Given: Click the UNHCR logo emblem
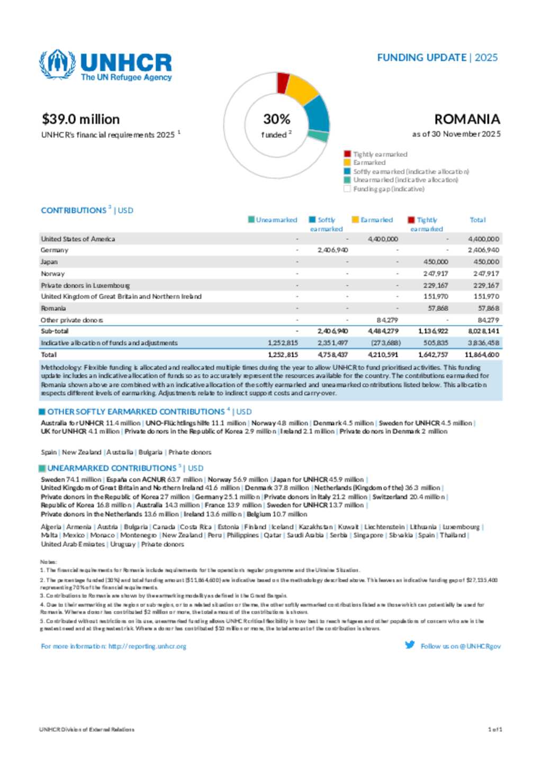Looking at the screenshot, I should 57,65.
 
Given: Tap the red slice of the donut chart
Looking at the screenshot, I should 283,83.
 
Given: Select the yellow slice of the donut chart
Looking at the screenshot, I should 302,89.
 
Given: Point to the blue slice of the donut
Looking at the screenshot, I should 318,113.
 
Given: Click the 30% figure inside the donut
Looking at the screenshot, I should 276,119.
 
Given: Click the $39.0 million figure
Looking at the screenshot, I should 80,119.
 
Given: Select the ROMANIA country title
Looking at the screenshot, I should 467,119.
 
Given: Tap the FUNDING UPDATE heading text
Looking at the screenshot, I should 421,58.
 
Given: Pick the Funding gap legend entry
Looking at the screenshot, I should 389,189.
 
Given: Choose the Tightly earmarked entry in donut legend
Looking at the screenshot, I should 380,154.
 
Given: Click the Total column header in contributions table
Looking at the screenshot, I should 477,220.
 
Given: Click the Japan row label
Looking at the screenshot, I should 49,261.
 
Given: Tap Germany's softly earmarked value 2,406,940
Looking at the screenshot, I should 332,250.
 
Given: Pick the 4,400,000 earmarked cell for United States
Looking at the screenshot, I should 383,239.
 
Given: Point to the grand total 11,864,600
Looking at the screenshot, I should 482,355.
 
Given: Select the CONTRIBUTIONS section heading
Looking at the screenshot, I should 74,210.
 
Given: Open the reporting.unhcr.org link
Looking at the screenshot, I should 147,646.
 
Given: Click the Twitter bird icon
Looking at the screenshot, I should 410,645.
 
